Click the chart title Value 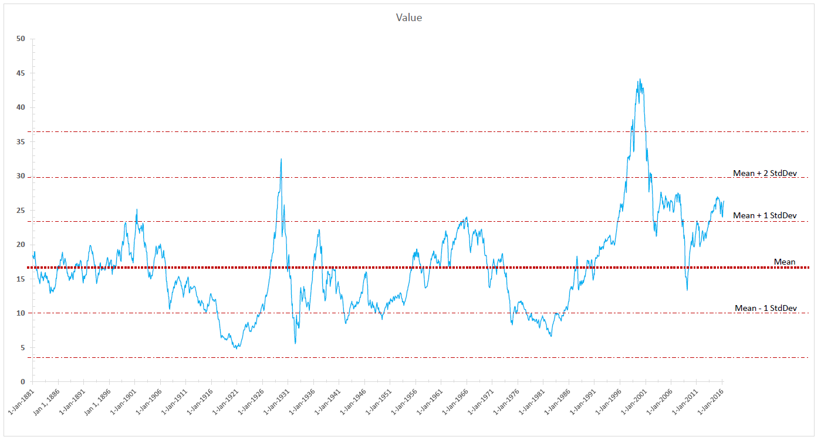[408, 18]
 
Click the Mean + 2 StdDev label [765, 173]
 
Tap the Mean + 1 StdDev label [765, 215]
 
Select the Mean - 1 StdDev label [765, 308]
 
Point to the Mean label [785, 262]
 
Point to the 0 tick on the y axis [23, 382]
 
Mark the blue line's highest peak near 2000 [639, 80]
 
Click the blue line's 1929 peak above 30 [281, 159]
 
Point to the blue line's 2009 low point [687, 290]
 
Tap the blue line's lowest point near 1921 [236, 348]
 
